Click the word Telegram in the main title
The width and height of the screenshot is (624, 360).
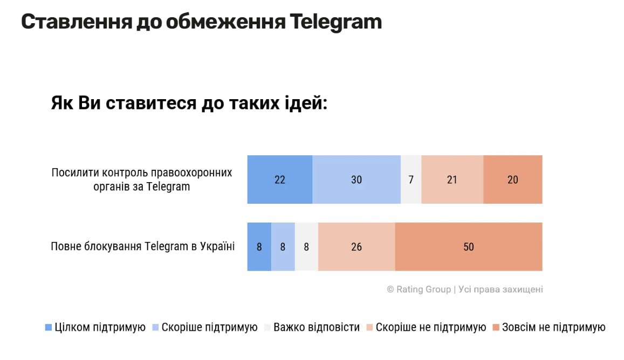335,22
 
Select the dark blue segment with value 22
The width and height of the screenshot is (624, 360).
279,179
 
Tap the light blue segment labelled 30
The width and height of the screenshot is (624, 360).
356,179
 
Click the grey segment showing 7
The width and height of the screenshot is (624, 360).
411,179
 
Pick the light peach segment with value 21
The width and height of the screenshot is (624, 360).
452,179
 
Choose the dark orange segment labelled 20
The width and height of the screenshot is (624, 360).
512,179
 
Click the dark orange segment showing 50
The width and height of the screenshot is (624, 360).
468,247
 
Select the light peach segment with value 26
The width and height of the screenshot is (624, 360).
356,247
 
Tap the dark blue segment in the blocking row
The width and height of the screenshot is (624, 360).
259,247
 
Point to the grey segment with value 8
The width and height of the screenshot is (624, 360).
306,247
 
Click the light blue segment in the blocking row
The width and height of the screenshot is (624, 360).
283,247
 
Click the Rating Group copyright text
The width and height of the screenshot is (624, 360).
464,289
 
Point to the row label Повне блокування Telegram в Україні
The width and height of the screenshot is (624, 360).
143,247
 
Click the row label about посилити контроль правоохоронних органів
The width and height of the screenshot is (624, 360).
142,179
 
